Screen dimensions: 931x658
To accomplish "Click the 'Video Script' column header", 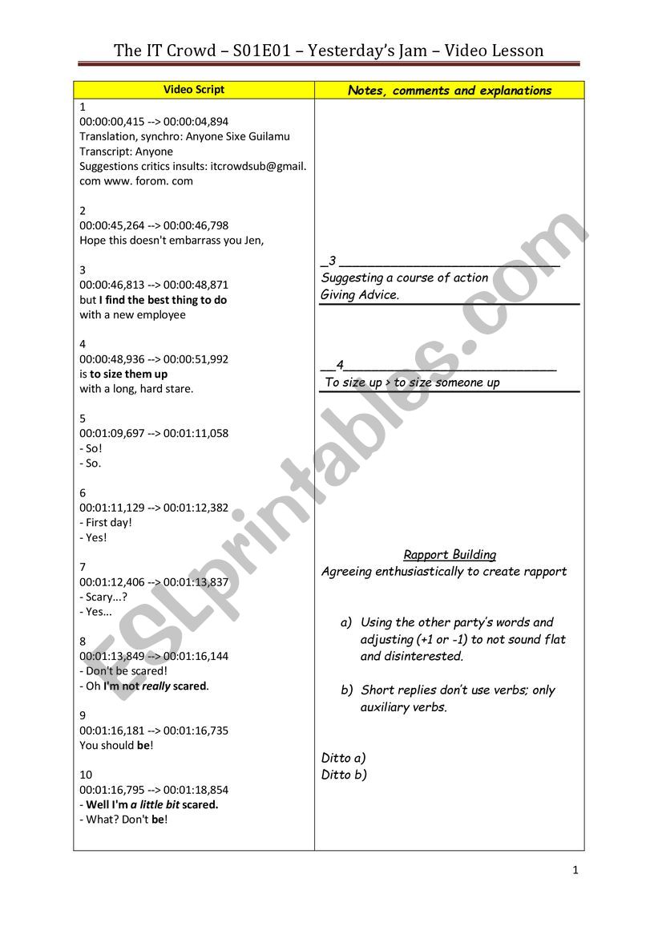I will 194,90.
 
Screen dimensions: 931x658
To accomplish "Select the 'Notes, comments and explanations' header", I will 450,91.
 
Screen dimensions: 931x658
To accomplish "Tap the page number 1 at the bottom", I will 575,870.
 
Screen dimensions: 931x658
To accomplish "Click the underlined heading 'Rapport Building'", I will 450,554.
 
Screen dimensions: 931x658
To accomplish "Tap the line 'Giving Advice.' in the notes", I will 360,294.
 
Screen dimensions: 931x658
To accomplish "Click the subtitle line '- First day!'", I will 106,522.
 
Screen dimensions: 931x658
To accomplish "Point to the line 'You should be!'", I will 116,745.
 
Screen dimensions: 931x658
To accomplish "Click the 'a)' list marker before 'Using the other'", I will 346,622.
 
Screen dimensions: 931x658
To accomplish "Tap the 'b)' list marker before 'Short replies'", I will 346,690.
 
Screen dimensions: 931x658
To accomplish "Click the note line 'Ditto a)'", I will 343,758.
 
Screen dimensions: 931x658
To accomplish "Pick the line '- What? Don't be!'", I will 123,820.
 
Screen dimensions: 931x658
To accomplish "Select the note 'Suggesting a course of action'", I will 405,277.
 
